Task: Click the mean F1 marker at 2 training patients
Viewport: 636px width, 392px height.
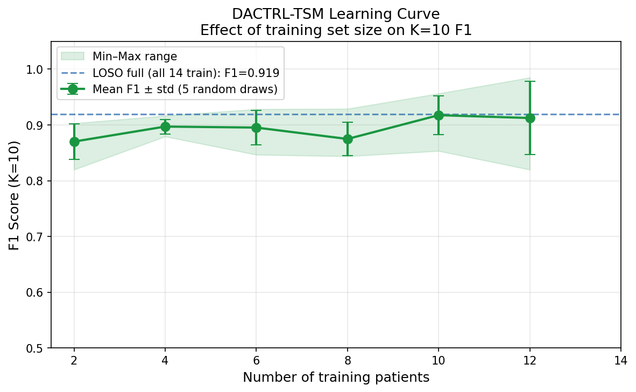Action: [x=74, y=142]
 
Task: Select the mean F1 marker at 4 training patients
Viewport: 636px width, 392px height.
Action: [x=165, y=127]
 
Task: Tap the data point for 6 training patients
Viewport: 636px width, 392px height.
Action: [x=256, y=128]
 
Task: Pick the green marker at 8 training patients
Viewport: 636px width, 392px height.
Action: [x=348, y=139]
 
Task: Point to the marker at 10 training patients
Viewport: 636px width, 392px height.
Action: [x=439, y=115]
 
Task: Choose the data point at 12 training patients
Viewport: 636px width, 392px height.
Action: [x=530, y=118]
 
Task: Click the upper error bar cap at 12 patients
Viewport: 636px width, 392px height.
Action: [x=530, y=81]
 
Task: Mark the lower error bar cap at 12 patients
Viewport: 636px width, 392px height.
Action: [x=530, y=155]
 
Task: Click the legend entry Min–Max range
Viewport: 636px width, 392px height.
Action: [x=135, y=56]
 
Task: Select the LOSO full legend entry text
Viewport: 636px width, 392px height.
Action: [x=186, y=73]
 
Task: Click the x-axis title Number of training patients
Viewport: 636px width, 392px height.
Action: [x=336, y=377]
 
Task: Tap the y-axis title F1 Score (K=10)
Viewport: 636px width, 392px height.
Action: [x=15, y=195]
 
